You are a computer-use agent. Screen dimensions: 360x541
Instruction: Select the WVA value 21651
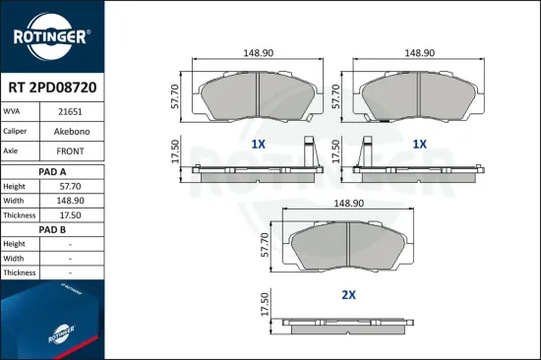pyautogui.click(x=70, y=113)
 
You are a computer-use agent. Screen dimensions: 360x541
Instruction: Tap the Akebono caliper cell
pyautogui.click(x=70, y=132)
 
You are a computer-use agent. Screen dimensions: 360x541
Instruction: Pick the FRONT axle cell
pyautogui.click(x=70, y=151)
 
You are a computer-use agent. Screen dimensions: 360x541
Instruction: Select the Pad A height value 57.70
pyautogui.click(x=70, y=186)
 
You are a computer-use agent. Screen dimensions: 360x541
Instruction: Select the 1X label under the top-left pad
pyautogui.click(x=259, y=144)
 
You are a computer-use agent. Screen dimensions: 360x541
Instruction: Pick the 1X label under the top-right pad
pyautogui.click(x=419, y=144)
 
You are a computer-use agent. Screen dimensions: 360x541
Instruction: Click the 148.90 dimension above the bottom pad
pyautogui.click(x=349, y=203)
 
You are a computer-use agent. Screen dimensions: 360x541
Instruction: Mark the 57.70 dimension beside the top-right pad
pyautogui.click(x=338, y=95)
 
